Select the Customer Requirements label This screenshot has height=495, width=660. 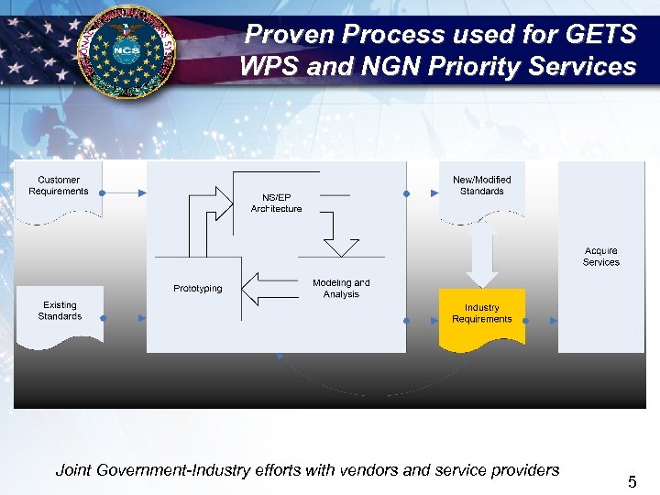tap(59, 186)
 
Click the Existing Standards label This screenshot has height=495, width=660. tap(60, 311)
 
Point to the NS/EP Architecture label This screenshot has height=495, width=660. tap(276, 203)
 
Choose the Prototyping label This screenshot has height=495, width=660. tap(198, 289)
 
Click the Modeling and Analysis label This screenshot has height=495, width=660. tap(341, 289)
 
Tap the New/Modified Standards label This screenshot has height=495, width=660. tap(482, 185)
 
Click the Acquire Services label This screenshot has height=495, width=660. tap(601, 257)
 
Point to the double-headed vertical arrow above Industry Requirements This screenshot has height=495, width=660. tap(482, 254)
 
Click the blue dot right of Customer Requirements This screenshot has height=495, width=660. tap(102, 193)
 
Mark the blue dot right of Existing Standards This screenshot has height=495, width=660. tap(103, 319)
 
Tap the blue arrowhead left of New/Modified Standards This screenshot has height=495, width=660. tap(434, 193)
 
